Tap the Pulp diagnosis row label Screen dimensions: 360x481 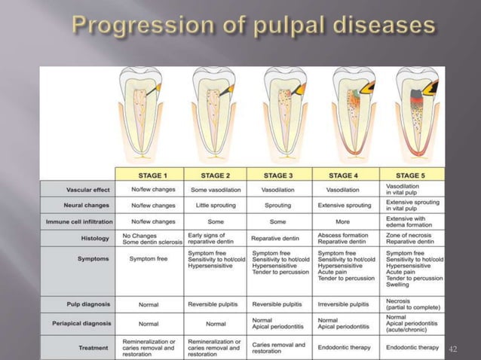(x=90, y=304)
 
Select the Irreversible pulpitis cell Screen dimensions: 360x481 (x=343, y=304)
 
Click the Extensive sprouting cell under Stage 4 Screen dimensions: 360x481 (x=345, y=205)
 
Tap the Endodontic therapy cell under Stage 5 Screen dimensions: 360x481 (x=412, y=347)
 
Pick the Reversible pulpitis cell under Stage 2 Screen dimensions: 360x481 (x=214, y=304)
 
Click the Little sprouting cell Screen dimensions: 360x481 (x=214, y=205)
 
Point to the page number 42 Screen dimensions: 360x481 (x=453, y=348)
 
